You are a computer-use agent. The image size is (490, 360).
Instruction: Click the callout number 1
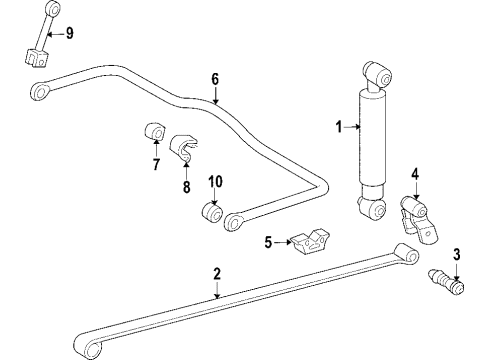point(338,127)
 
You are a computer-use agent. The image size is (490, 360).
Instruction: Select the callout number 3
point(456,253)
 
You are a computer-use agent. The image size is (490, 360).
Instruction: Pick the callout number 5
point(268,242)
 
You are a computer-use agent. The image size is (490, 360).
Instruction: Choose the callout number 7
point(155,164)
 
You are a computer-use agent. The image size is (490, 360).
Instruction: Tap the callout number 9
point(69,34)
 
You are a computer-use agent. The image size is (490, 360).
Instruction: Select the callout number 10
point(214,180)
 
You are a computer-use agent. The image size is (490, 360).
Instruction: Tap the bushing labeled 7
point(154,133)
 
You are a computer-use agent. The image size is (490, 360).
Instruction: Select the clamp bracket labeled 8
point(184,147)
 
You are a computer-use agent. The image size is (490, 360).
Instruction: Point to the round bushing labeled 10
point(213,212)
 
